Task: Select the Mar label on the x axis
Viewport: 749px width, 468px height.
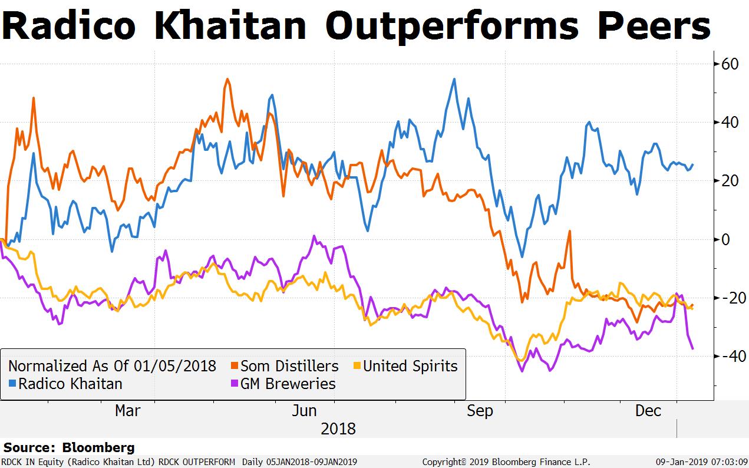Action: click(x=128, y=411)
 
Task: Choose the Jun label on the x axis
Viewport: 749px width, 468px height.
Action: click(x=304, y=411)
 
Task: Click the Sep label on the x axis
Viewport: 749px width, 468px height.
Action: click(x=480, y=411)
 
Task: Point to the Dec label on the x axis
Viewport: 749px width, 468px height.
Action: click(x=648, y=411)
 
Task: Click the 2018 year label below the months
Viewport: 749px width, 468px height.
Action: click(x=338, y=429)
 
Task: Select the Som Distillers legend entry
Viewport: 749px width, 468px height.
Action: click(x=289, y=366)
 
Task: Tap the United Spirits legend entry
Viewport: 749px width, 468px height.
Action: click(x=410, y=366)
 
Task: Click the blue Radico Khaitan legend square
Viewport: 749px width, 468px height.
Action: click(x=13, y=384)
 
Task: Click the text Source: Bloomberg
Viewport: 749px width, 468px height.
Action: click(x=69, y=448)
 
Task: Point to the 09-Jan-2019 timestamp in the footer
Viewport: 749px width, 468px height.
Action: click(x=701, y=462)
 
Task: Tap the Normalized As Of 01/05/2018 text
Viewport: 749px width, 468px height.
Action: click(x=112, y=366)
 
